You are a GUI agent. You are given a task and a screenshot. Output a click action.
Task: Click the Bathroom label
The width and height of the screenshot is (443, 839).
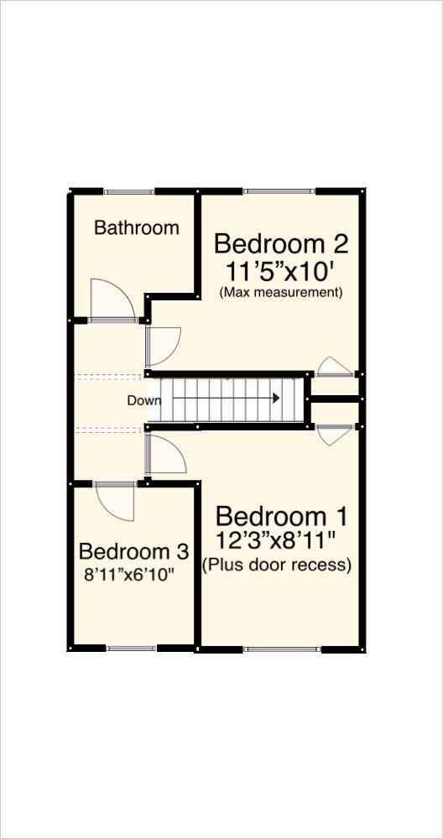(136, 227)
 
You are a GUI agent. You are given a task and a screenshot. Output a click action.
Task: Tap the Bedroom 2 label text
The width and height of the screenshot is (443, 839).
(280, 244)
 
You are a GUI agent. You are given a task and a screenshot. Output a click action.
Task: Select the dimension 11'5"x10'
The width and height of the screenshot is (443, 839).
(280, 271)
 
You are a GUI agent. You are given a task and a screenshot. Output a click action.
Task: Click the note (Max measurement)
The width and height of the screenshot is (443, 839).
(280, 293)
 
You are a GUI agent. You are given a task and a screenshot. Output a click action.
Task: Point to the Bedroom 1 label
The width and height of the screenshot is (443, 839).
(281, 515)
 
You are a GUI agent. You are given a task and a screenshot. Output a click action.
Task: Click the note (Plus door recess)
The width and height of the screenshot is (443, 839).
(276, 565)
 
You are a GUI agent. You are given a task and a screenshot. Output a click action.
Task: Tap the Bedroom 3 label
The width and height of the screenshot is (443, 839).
(133, 552)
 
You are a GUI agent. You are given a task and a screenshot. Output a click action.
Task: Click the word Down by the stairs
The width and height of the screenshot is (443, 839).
(143, 400)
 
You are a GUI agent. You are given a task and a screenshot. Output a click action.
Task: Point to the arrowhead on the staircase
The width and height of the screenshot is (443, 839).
(275, 399)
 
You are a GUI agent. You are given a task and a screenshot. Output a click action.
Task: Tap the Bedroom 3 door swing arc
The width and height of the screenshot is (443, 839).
(115, 502)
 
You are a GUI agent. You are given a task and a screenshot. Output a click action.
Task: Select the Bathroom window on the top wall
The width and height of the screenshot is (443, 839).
(128, 192)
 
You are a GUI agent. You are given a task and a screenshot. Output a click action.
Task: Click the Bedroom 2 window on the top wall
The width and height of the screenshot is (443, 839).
(279, 192)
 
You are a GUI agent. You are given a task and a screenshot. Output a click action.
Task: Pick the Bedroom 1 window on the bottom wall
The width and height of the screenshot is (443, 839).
(282, 649)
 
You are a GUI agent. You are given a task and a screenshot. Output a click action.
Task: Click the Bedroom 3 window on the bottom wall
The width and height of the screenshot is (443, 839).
(132, 649)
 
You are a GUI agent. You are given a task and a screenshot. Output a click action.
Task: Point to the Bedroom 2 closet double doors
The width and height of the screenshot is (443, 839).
(334, 367)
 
